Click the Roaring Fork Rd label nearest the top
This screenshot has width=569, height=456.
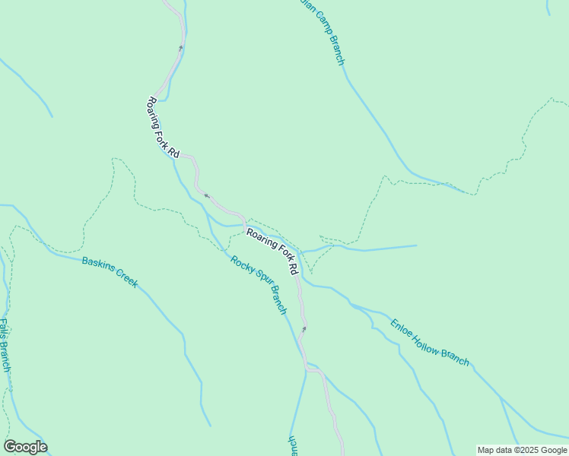point(163,128)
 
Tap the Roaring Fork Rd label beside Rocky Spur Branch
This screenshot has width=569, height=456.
point(272,251)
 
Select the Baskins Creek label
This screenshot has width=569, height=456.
point(110,272)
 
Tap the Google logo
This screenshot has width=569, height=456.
point(25,447)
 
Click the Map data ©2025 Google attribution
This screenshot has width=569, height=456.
point(523,450)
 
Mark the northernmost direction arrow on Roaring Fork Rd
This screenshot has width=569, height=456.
point(181,47)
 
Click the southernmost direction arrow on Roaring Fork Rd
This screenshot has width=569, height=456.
point(304,329)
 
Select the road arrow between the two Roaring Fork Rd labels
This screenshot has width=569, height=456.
point(205,195)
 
